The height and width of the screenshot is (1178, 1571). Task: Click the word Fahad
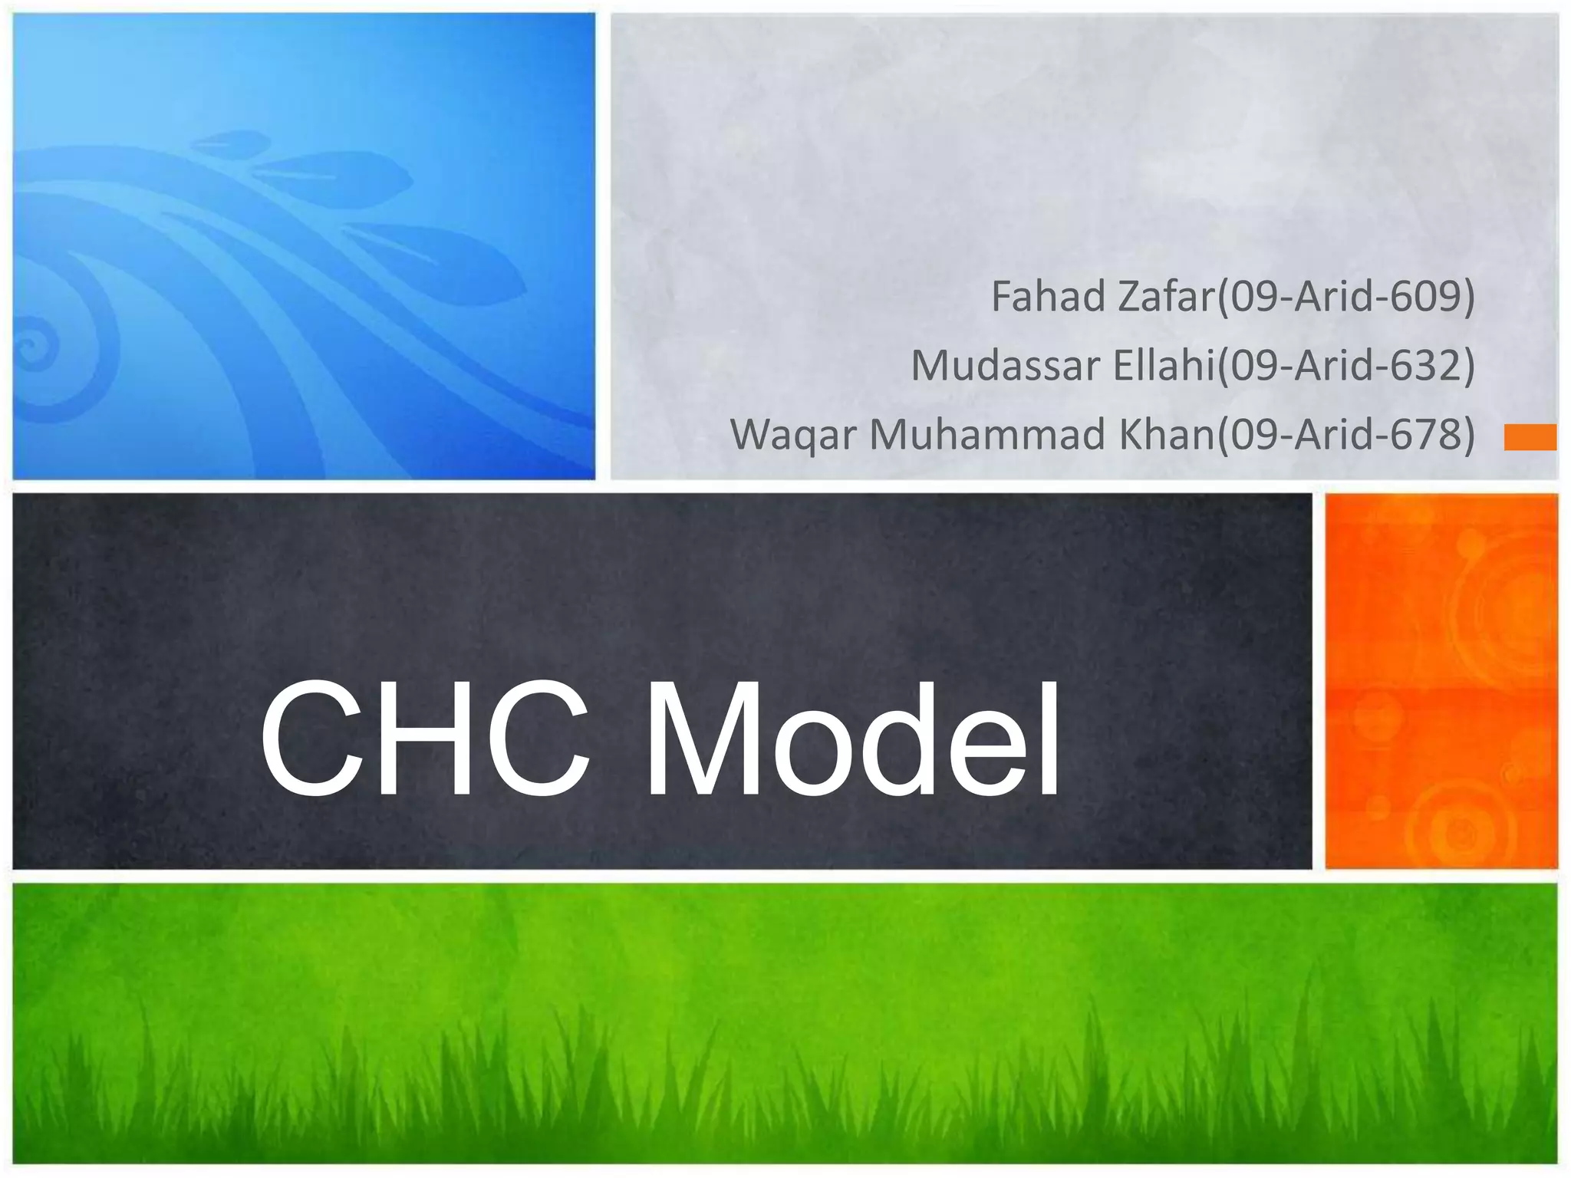point(1049,297)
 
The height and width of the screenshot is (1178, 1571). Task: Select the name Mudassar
point(1006,366)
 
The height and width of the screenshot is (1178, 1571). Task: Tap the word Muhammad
point(988,434)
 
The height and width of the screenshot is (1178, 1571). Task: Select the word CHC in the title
point(426,740)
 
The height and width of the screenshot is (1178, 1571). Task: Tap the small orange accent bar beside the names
point(1530,437)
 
